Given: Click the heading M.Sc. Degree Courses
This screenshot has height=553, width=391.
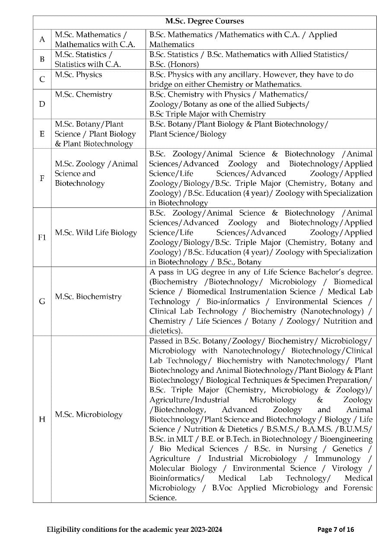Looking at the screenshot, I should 204,21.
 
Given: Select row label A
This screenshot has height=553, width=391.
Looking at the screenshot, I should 42,39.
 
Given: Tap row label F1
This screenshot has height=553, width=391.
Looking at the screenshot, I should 42,238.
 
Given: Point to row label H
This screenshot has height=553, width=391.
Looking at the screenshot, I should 42,419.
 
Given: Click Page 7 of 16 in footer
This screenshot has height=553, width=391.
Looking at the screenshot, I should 335,529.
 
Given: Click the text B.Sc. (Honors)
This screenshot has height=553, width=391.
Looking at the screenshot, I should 174,64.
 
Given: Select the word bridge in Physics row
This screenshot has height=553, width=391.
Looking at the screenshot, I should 161,84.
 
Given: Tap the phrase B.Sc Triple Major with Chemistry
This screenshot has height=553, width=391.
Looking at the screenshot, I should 207,114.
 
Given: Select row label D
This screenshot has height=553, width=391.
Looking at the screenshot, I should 42,104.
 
